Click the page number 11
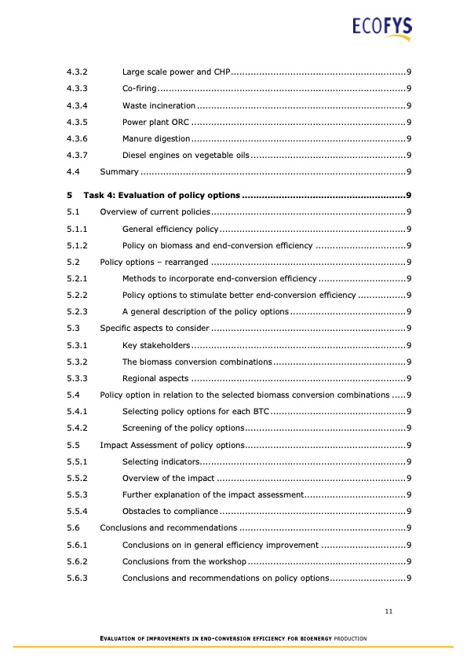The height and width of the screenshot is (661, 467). pyautogui.click(x=389, y=611)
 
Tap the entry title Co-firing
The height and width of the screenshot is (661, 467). pyautogui.click(x=140, y=89)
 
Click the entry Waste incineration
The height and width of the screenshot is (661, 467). pyautogui.click(x=159, y=105)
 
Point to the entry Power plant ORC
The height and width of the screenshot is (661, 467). pyautogui.click(x=156, y=122)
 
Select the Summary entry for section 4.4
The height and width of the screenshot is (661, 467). pyautogui.click(x=119, y=171)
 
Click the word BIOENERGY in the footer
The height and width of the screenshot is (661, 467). pyautogui.click(x=319, y=637)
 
